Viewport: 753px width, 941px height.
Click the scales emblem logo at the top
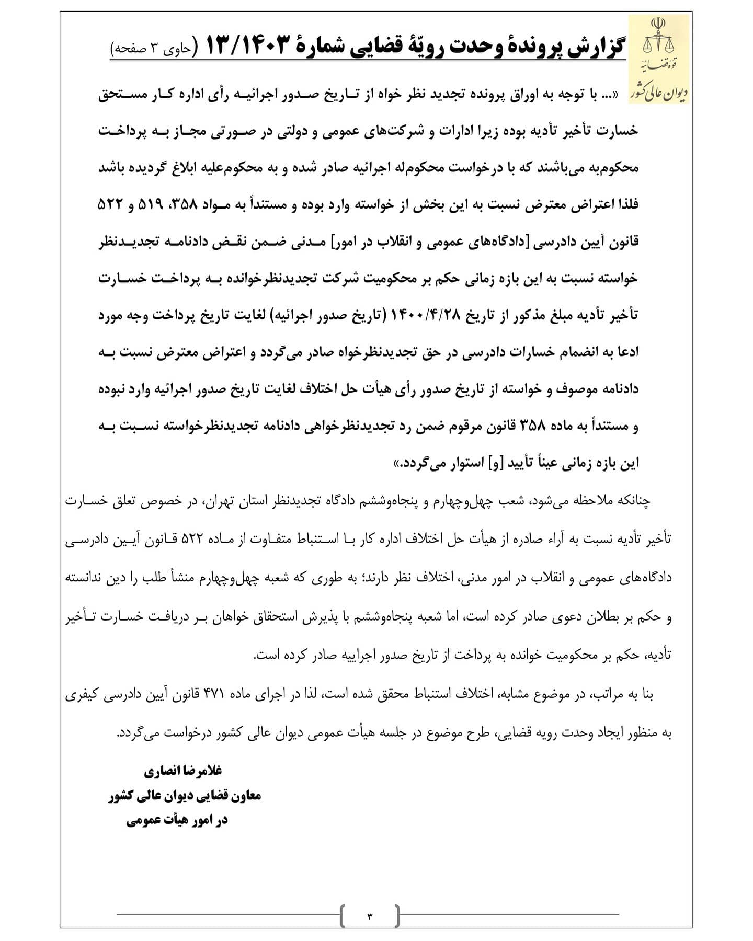(x=658, y=39)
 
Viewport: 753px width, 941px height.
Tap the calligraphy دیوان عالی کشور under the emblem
(x=660, y=91)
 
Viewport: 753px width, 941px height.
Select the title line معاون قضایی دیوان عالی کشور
(x=185, y=795)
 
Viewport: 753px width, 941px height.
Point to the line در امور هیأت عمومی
(x=177, y=820)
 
